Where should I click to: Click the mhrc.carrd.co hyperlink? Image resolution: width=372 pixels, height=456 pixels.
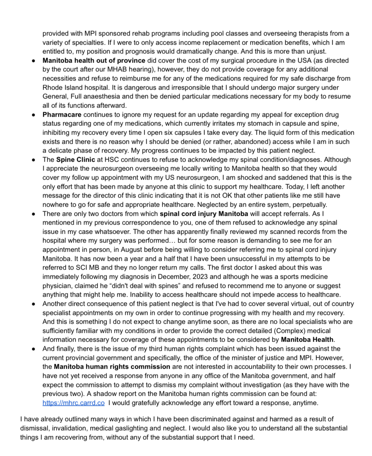coord(73,403)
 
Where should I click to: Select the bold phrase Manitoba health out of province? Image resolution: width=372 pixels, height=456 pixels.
coord(94,61)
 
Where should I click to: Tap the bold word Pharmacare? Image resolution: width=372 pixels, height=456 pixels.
coord(62,115)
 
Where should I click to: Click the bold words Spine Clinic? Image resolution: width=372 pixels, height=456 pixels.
coord(75,160)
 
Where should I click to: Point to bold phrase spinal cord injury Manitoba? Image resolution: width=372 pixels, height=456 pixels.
coord(204,214)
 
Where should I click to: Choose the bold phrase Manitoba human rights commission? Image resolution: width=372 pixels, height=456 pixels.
coord(112,367)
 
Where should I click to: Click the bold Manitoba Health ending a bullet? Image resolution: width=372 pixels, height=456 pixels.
coord(307,340)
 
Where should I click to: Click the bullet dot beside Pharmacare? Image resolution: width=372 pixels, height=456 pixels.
coord(33,115)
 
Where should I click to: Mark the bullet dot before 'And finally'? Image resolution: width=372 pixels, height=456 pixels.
coord(33,349)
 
